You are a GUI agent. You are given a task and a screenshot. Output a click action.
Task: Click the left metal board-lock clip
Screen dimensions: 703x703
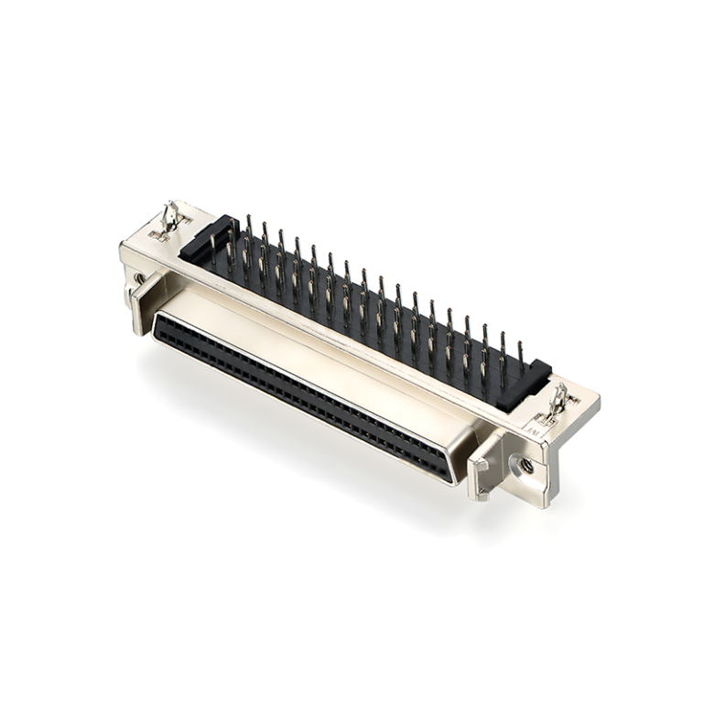(x=169, y=217)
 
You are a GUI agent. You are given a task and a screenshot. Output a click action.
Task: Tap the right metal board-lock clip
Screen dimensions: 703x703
(x=557, y=401)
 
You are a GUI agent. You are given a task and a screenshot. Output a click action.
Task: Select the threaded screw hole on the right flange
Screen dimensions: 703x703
(x=527, y=465)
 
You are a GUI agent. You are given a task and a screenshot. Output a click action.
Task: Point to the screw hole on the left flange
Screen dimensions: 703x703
(x=138, y=277)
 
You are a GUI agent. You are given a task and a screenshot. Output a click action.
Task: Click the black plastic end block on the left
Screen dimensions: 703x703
(x=203, y=240)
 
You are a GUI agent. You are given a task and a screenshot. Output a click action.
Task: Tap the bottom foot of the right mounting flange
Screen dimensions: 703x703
(x=540, y=494)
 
